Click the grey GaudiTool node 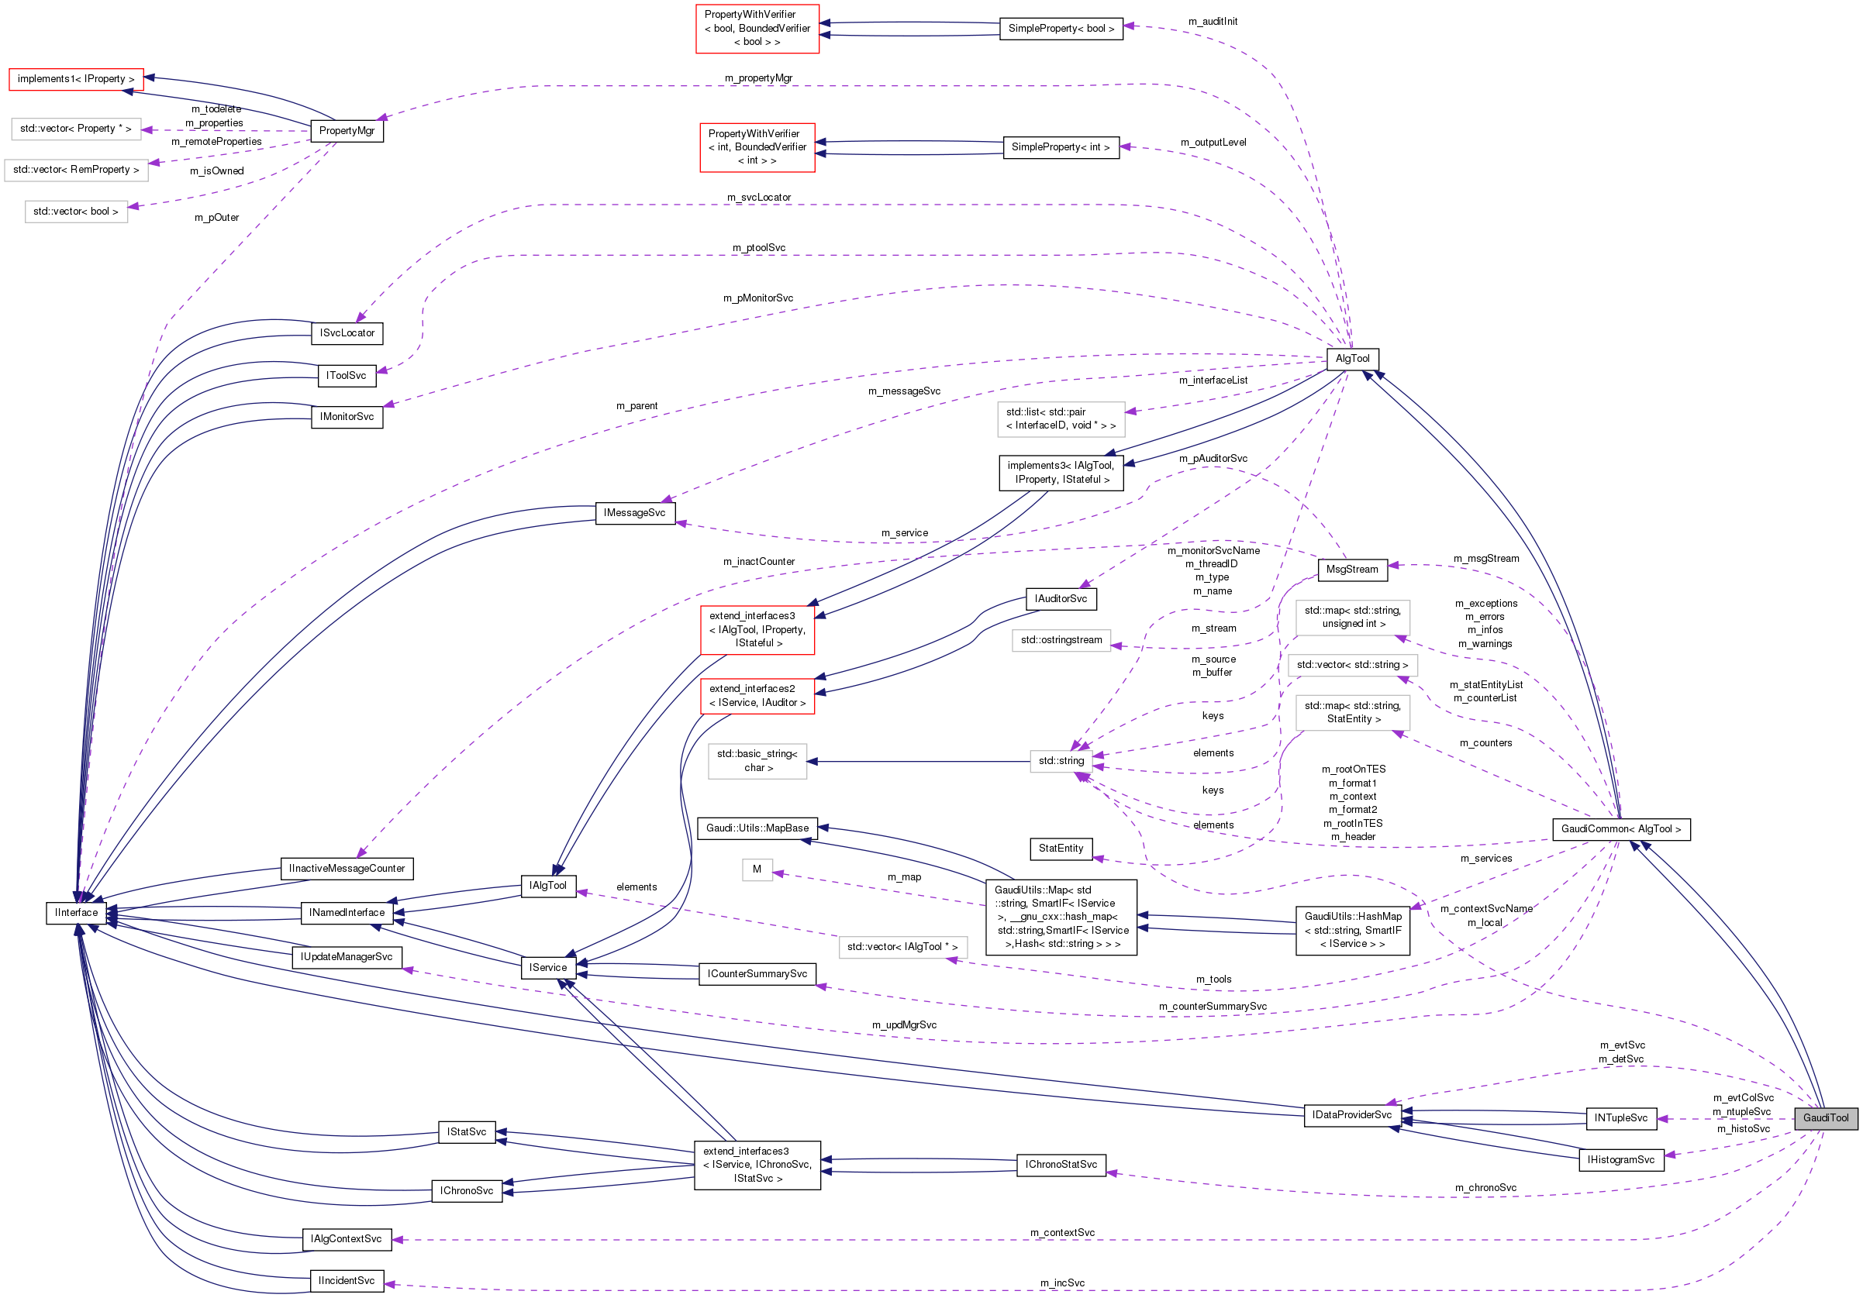tap(1825, 1118)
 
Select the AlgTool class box tap(1352, 359)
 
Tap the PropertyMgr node tap(347, 131)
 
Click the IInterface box tap(76, 913)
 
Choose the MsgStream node tap(1352, 570)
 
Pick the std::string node tap(1061, 761)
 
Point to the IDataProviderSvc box tap(1352, 1114)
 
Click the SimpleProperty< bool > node tap(1061, 29)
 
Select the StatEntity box tap(1061, 849)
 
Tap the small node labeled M tap(756, 869)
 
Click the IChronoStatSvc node tap(1061, 1165)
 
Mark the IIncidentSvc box tap(347, 1281)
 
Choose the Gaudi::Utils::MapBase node tap(757, 828)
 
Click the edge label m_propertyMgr tap(758, 77)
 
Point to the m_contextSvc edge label tap(1062, 1233)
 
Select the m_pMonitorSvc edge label tap(758, 298)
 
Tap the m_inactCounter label tap(759, 561)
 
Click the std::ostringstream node tap(1061, 640)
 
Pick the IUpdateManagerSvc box tap(347, 957)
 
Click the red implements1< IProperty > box tap(75, 79)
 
